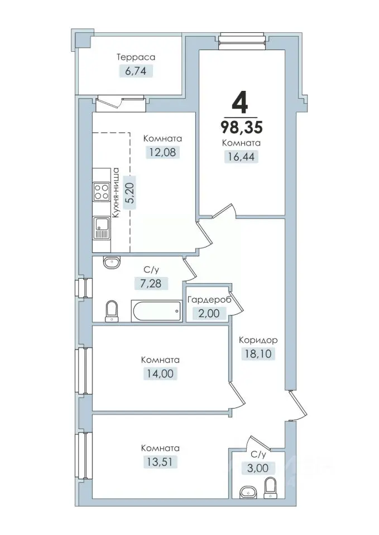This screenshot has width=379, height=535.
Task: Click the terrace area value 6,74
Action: pyautogui.click(x=136, y=71)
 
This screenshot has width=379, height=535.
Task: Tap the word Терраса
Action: pyautogui.click(x=136, y=57)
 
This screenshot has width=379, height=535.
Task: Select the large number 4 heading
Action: pyautogui.click(x=239, y=103)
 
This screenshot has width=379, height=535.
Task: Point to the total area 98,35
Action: pyautogui.click(x=242, y=127)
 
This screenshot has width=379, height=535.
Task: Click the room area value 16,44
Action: pyautogui.click(x=241, y=157)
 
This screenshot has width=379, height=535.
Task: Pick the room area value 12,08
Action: pyautogui.click(x=162, y=152)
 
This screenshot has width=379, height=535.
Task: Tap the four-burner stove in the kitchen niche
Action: pyautogui.click(x=102, y=191)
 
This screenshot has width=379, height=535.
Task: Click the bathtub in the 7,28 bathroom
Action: pyautogui.click(x=156, y=310)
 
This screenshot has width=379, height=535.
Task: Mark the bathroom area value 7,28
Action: pyautogui.click(x=151, y=283)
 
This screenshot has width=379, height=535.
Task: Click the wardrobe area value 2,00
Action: pyautogui.click(x=209, y=313)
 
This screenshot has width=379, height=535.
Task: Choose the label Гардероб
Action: pyautogui.click(x=209, y=300)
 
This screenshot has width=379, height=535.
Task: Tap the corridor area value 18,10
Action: pyautogui.click(x=258, y=353)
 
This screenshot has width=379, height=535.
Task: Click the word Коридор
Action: pyautogui.click(x=258, y=340)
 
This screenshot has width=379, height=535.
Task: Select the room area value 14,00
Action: pyautogui.click(x=161, y=373)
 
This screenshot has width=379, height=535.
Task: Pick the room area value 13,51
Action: pyautogui.click(x=160, y=462)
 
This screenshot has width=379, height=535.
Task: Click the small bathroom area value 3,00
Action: pyautogui.click(x=258, y=468)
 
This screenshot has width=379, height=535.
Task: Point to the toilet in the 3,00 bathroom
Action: pyautogui.click(x=270, y=487)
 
